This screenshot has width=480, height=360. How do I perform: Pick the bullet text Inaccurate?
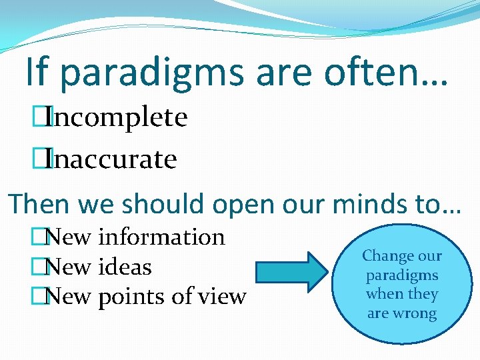tap(113, 159)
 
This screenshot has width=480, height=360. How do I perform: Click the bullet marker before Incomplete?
tap(45, 118)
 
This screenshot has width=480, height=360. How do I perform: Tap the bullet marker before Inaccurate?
tap(45, 159)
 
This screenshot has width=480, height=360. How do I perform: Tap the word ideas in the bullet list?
tap(125, 267)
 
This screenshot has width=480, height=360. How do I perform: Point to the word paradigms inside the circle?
tap(401, 275)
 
